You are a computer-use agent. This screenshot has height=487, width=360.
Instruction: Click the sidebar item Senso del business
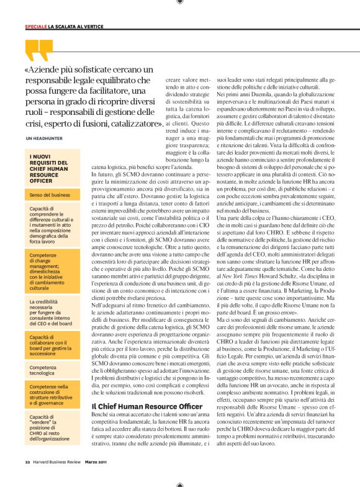(x=50, y=194)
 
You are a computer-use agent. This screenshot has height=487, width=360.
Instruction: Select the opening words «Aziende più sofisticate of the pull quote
(x=62, y=69)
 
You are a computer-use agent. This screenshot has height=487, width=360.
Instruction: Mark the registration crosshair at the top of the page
(x=179, y=3)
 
